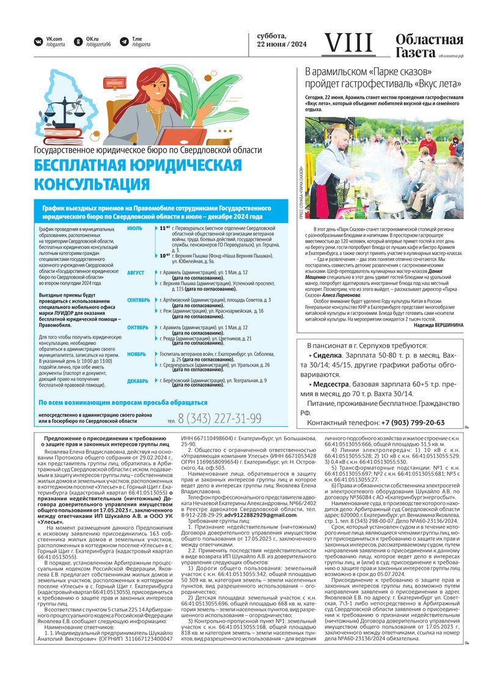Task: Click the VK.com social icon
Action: pos(39,42)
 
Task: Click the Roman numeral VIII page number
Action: pos(348,43)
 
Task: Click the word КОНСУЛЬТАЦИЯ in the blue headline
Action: pos(92,184)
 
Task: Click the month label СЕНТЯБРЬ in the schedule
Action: pos(138,300)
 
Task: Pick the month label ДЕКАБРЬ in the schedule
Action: pos(138,381)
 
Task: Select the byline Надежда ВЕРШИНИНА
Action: pos(432,325)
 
